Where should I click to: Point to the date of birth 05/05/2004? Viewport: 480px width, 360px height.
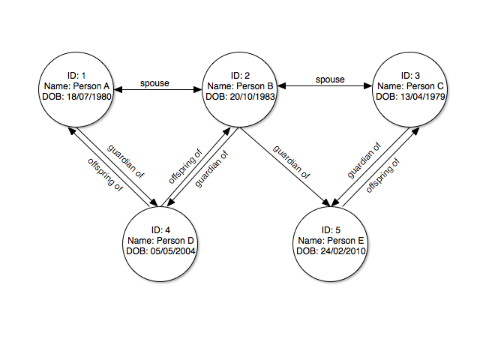[x=162, y=250]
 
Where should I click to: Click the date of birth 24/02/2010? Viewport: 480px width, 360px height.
[x=331, y=250]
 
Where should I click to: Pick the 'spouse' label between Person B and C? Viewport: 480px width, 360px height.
[x=329, y=79]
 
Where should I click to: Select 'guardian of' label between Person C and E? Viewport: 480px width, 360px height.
[x=365, y=160]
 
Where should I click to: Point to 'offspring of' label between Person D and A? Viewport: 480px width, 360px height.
[x=106, y=174]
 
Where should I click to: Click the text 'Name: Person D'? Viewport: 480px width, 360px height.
[x=162, y=240]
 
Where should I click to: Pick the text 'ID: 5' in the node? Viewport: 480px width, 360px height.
[x=331, y=229]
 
